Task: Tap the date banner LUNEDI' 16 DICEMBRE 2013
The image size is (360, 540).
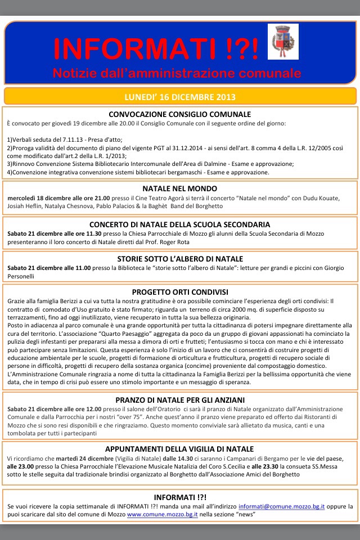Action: pyautogui.click(x=180, y=96)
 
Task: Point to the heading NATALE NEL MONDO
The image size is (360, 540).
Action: pyautogui.click(x=180, y=189)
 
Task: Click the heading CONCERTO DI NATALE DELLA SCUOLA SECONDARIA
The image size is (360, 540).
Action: pyautogui.click(x=180, y=224)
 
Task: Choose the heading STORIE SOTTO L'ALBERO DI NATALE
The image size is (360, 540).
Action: pyautogui.click(x=180, y=259)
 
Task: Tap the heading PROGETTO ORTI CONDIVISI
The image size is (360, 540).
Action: pyautogui.click(x=180, y=292)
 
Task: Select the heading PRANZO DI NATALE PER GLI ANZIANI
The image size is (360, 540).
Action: pyautogui.click(x=180, y=400)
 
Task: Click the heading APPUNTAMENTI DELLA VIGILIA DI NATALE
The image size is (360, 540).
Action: pyautogui.click(x=180, y=449)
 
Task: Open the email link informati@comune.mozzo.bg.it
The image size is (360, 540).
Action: pyautogui.click(x=281, y=507)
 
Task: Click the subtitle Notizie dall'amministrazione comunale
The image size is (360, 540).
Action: pyautogui.click(x=177, y=74)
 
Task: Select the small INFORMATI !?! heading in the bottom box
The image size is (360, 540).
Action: pyautogui.click(x=180, y=497)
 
